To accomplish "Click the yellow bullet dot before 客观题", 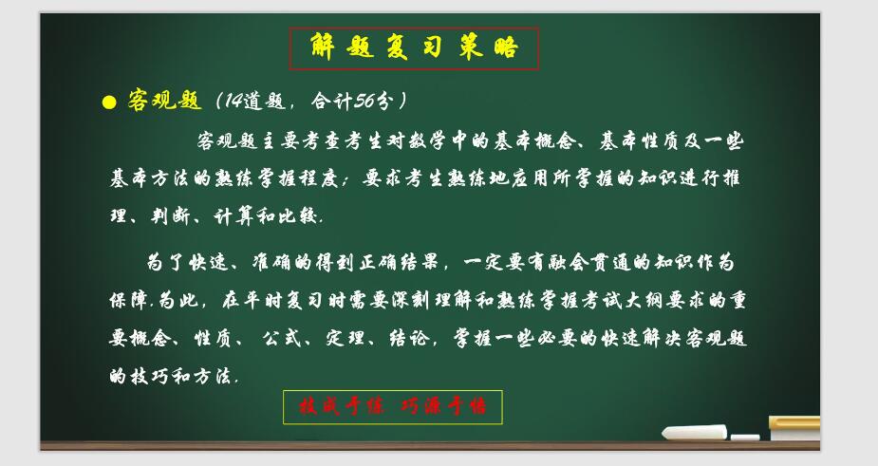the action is (109, 102).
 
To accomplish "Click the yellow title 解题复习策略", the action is (415, 47).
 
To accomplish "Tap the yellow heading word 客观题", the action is (164, 101).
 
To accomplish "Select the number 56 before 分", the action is (364, 101).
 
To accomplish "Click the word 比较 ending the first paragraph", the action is (298, 216).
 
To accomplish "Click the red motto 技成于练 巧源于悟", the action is (393, 406).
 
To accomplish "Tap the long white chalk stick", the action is (695, 432).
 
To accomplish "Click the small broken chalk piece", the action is (745, 437).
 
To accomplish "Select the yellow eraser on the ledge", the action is (795, 428).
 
